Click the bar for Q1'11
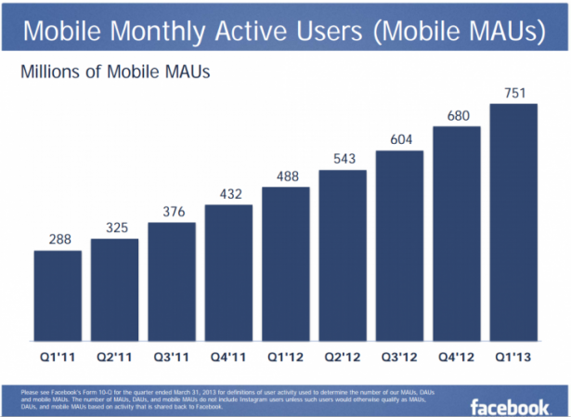coord(58,295)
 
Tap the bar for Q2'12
coord(342,255)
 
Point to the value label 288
coord(58,240)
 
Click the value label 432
coord(228,193)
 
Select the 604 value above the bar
coord(399,140)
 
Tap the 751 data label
coord(513,92)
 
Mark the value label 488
coord(285,176)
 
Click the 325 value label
coord(115,228)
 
